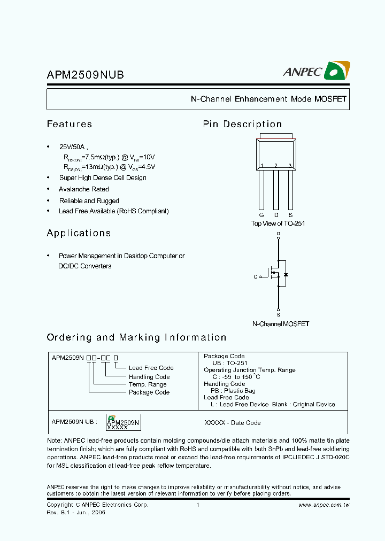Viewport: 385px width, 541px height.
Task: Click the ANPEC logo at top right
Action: coord(317,71)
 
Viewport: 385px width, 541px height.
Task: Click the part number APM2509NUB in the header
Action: coord(85,75)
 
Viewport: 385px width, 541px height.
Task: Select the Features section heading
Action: coord(70,124)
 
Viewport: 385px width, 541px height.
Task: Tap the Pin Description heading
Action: coord(242,124)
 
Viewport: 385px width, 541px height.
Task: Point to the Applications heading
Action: coord(79,233)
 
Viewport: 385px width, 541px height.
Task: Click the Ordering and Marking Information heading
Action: coord(136,337)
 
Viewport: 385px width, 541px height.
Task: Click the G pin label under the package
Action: coord(261,214)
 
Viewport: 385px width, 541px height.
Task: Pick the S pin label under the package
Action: coord(290,214)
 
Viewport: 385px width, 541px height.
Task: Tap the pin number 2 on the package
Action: coord(276,166)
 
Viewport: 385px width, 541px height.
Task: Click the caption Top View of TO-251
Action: coord(278,223)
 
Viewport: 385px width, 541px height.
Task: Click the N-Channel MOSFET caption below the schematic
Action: coord(281,323)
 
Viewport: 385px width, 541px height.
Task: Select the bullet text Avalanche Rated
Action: coord(84,189)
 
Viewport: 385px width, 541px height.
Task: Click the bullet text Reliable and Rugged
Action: coord(89,201)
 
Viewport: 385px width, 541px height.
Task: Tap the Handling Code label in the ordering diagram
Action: coord(149,377)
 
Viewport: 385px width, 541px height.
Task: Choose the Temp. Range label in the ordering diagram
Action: coord(148,384)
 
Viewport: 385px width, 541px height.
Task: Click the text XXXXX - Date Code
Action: coord(233,423)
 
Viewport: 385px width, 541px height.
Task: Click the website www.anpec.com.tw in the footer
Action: coord(324,505)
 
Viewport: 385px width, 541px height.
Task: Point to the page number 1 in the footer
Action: coord(198,505)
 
